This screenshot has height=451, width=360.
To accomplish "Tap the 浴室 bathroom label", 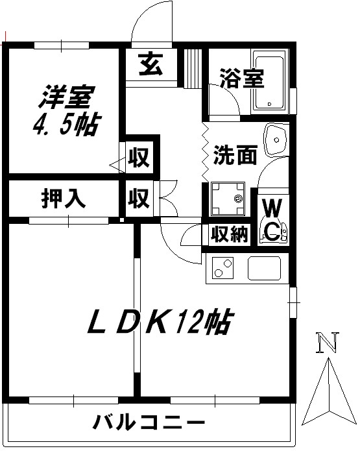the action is [242, 78].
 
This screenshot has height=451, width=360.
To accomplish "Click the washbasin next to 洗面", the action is [276, 140].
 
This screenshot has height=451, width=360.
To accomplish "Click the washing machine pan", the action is [228, 199].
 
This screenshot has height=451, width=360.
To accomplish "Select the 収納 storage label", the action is [229, 234].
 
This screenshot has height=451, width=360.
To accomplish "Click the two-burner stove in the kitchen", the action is [223, 268].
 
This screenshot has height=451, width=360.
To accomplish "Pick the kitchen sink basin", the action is [264, 268].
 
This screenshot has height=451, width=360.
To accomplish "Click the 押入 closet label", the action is [64, 198].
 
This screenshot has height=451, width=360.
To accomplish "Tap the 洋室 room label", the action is [67, 97].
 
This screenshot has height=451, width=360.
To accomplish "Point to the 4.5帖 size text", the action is [67, 125].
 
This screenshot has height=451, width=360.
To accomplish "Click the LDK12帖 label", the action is [160, 322].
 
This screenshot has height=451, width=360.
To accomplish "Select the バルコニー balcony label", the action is [149, 422].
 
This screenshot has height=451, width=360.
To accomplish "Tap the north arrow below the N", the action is [329, 391].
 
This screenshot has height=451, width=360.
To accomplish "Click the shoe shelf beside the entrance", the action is [193, 68].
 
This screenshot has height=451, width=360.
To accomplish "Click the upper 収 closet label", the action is [139, 157].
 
